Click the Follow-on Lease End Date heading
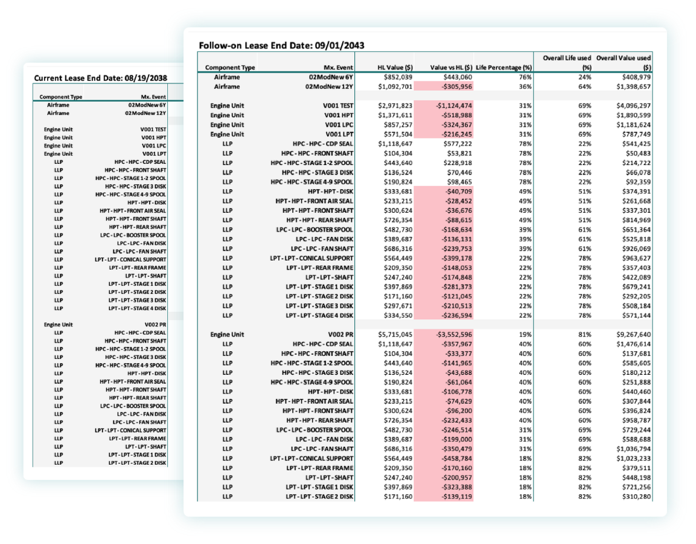[x=281, y=45]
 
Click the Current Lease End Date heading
[x=101, y=78]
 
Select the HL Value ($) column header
[x=395, y=68]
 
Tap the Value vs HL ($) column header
[x=451, y=68]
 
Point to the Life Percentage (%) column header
[x=504, y=68]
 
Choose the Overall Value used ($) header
[x=624, y=63]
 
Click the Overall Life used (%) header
[x=567, y=63]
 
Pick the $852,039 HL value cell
[x=398, y=77]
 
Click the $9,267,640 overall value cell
[x=633, y=335]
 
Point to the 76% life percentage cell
[x=526, y=77]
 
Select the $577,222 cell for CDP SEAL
[x=458, y=144]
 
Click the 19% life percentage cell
[x=526, y=335]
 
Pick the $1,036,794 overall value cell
[x=633, y=449]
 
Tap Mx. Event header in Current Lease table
[x=153, y=97]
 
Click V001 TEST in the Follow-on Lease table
[x=338, y=106]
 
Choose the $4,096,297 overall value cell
[x=633, y=106]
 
